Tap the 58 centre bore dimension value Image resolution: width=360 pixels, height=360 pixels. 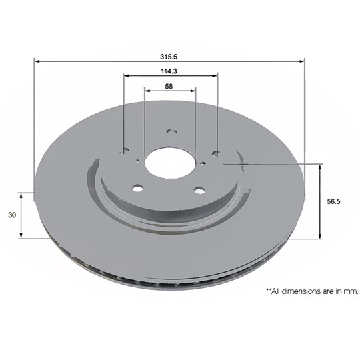pyautogui.click(x=170, y=85)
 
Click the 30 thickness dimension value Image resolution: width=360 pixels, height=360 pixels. pyautogui.click(x=11, y=215)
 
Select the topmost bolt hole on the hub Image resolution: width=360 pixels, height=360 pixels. pyautogui.click(x=170, y=132)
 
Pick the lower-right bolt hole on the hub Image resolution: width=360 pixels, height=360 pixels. pyautogui.click(x=198, y=190)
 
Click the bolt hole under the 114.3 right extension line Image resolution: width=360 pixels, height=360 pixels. pyautogui.click(x=215, y=154)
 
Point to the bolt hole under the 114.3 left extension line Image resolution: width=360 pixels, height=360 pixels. pyautogui.click(x=123, y=151)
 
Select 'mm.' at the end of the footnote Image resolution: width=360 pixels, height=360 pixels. pyautogui.click(x=351, y=291)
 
